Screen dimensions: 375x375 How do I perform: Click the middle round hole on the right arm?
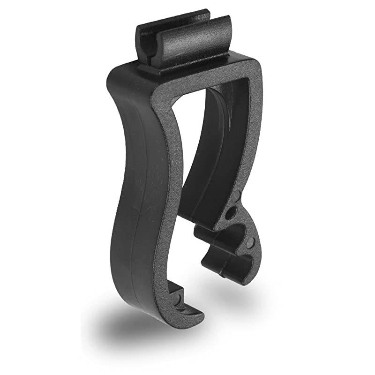230,213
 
